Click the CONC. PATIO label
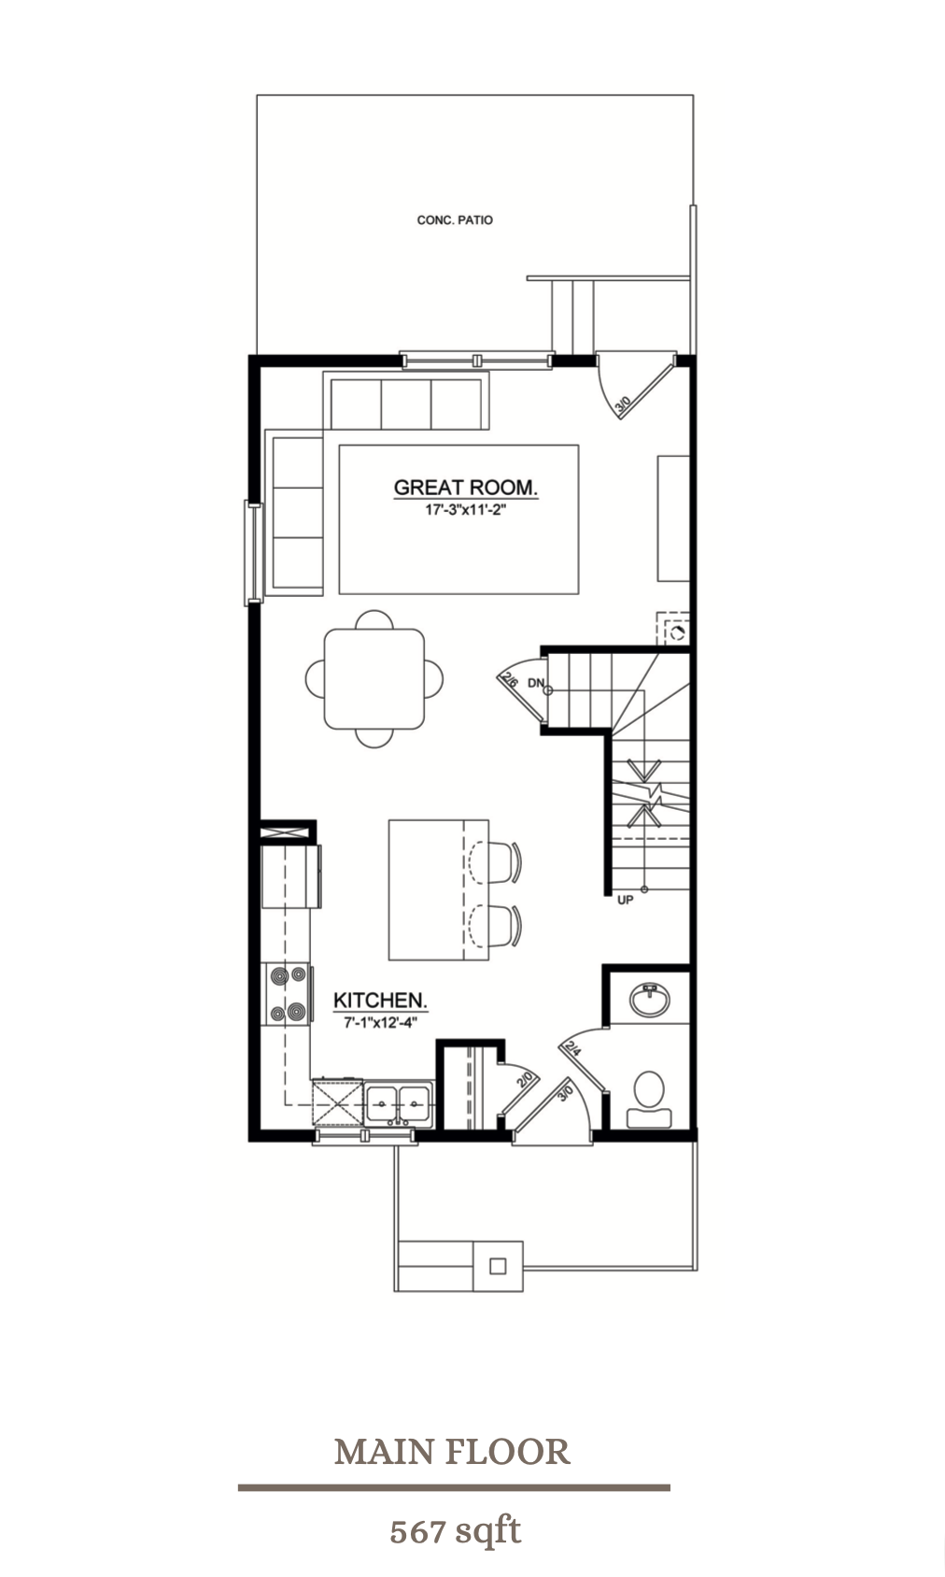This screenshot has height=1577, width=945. (x=455, y=220)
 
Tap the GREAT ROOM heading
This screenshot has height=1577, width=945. (x=465, y=487)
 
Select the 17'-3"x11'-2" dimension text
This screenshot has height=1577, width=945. (x=465, y=510)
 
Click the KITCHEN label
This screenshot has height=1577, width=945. (x=380, y=1001)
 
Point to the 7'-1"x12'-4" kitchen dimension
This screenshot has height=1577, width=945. (x=380, y=1023)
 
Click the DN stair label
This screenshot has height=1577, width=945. (x=535, y=684)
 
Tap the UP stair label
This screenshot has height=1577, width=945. (x=626, y=900)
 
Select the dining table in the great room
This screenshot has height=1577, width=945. (x=374, y=678)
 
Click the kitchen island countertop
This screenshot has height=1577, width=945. (x=427, y=889)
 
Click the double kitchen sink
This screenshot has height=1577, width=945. (x=399, y=1103)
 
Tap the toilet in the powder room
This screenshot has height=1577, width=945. (x=649, y=1097)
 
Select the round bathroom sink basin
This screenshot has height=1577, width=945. (x=649, y=1000)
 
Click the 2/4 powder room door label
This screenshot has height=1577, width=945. (x=572, y=1048)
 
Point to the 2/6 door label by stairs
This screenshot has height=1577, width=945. (x=510, y=680)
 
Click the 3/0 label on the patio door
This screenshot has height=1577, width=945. (x=623, y=405)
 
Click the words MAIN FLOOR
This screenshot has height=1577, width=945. (x=453, y=1451)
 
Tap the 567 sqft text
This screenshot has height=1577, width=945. (x=455, y=1531)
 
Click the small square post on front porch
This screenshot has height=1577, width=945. (x=498, y=1266)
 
